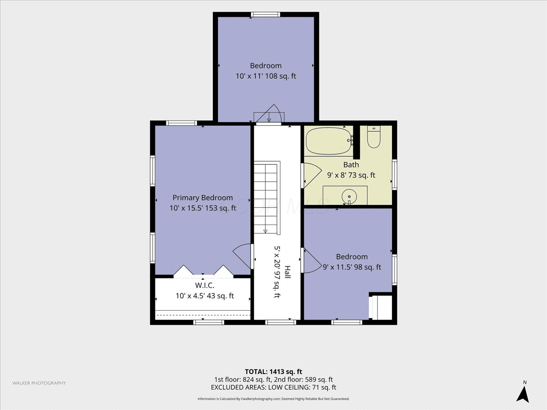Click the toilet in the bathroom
pyautogui.click(x=374, y=137)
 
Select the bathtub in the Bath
pyautogui.click(x=329, y=141)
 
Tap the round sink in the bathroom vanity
pyautogui.click(x=349, y=197)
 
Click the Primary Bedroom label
pyautogui.click(x=202, y=198)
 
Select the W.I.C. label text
pyautogui.click(x=205, y=285)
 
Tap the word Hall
pyautogui.click(x=288, y=272)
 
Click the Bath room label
pyautogui.click(x=351, y=164)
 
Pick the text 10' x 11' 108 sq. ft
pyautogui.click(x=266, y=76)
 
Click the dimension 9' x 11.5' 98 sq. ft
pyautogui.click(x=352, y=267)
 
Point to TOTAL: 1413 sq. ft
pyautogui.click(x=273, y=372)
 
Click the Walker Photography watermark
pyautogui.click(x=39, y=383)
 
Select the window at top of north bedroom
pyautogui.click(x=265, y=15)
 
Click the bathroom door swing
pyautogui.click(x=311, y=175)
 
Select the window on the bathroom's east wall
pyautogui.click(x=394, y=175)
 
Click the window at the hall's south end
pyautogui.click(x=281, y=323)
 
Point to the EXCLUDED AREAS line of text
pyautogui.click(x=273, y=387)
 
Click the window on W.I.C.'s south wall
pyautogui.click(x=209, y=323)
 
